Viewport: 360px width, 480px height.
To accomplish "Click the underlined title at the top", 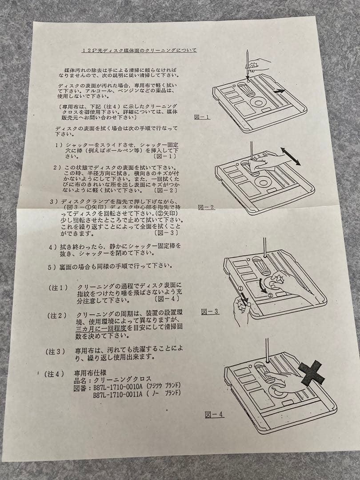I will [139, 50].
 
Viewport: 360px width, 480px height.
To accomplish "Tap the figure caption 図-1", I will [202, 117].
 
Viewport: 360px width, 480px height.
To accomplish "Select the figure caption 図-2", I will [206, 207].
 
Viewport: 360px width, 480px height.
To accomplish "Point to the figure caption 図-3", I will [210, 312].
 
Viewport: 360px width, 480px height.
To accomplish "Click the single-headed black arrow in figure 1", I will [279, 90].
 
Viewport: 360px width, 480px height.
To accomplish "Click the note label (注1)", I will [58, 288].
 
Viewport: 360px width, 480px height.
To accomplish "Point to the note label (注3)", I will [56, 351].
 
